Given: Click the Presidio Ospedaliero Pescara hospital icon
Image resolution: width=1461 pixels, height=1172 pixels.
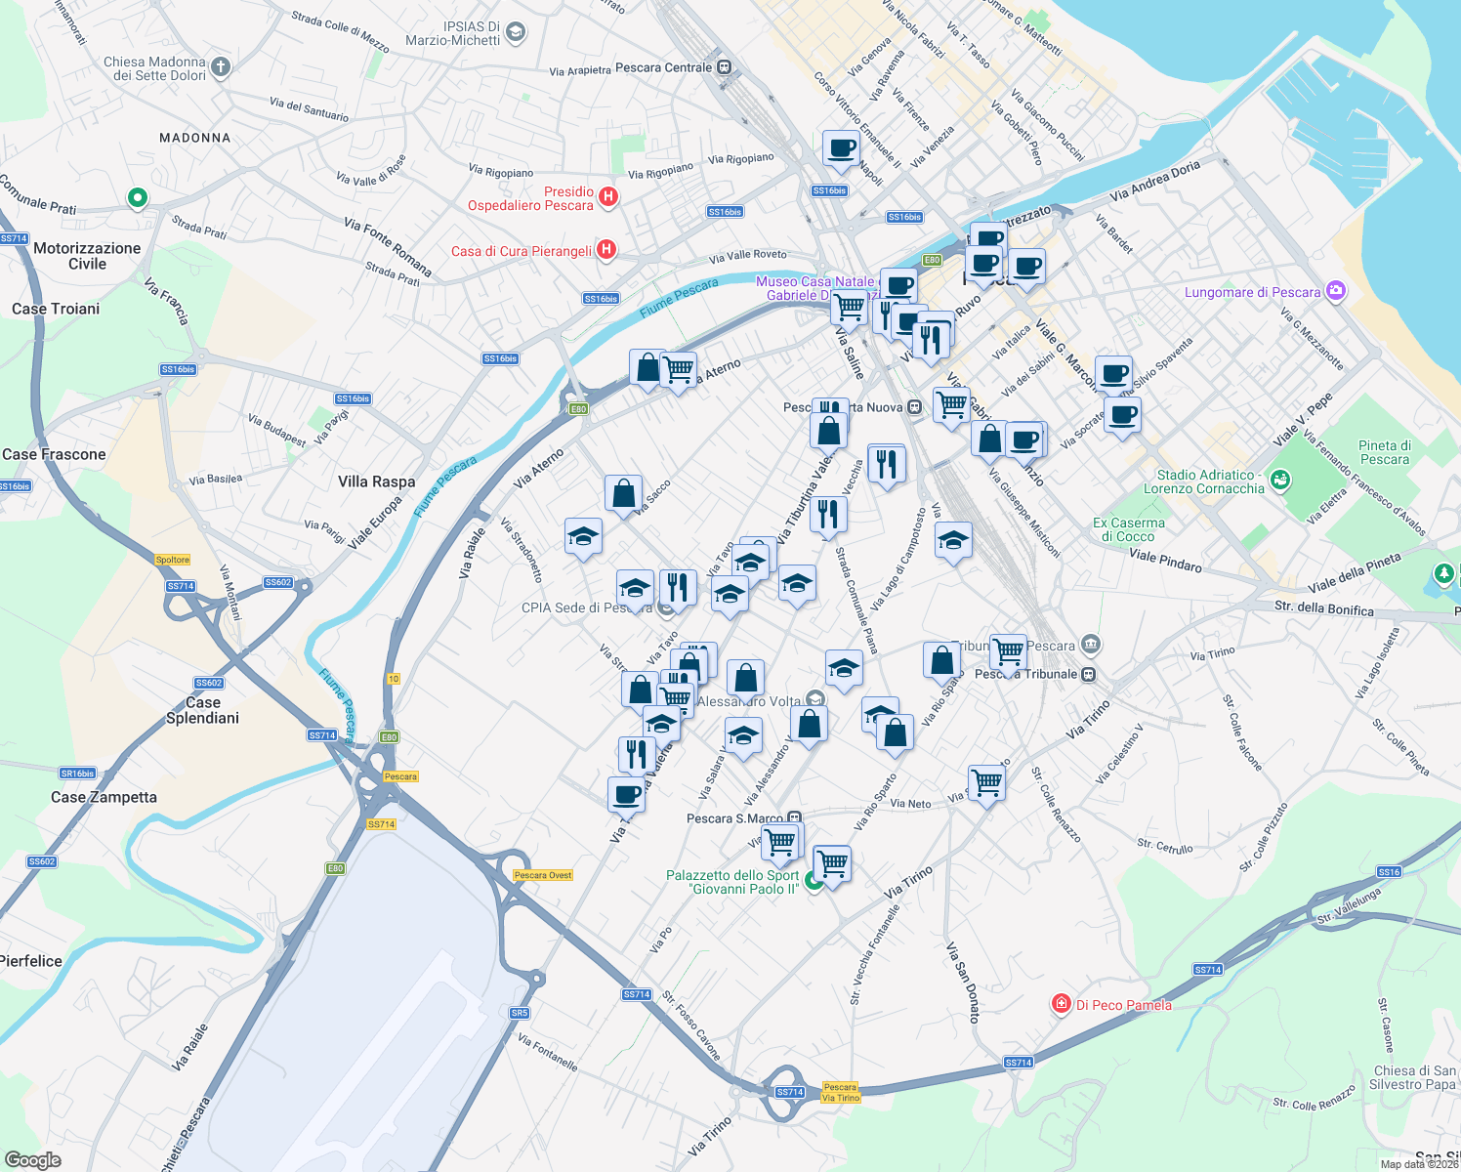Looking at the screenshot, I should coord(607,197).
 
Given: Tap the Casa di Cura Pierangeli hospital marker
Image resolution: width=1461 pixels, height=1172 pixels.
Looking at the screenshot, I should coord(605,250).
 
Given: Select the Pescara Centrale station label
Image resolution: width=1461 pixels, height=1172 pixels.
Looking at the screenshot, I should coord(664,67).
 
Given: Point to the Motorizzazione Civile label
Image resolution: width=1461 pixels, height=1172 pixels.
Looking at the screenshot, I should coord(87,256).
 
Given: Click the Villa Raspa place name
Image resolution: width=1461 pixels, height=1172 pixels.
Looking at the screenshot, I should coord(376,481).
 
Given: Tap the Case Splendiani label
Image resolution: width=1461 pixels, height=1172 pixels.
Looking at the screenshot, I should coord(202,710).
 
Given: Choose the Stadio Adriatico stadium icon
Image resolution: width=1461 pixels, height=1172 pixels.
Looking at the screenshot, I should coord(1280,480).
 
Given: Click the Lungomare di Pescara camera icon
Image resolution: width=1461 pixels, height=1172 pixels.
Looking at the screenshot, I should coord(1336,291).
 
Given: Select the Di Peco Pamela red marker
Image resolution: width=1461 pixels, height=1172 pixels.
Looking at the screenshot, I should coord(1061,1004).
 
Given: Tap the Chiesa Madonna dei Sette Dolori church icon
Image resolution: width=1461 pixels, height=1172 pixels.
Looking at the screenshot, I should coord(221,66).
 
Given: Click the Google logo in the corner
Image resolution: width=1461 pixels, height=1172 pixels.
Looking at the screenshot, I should coord(32,1159).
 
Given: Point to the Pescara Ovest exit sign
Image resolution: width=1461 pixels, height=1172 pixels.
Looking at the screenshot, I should coord(543,875).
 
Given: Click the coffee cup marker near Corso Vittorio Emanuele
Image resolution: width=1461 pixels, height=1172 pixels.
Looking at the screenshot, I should coord(840,148).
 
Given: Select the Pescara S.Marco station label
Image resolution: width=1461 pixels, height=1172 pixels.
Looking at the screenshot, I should coord(735,818).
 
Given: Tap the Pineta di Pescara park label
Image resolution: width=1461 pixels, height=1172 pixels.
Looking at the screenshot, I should coord(1384,452).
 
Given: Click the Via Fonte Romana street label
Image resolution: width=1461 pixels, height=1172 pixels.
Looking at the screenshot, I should coord(387,246).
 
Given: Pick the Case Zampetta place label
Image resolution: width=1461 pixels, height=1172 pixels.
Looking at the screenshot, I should coord(104,797).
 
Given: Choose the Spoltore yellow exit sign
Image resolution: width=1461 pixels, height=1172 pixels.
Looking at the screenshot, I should coord(173,560).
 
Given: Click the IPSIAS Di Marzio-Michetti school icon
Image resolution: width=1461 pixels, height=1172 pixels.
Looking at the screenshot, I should coord(516,32).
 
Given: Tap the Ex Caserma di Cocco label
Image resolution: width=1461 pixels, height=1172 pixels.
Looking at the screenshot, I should coord(1128,529).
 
